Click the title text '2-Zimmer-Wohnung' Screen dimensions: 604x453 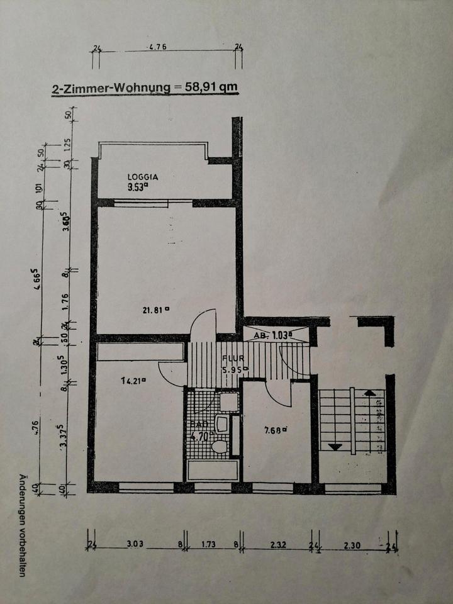[110, 89]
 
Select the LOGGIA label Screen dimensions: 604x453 [142, 177]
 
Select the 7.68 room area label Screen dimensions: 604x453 [276, 430]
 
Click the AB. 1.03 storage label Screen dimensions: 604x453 [274, 335]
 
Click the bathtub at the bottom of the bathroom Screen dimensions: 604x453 [213, 470]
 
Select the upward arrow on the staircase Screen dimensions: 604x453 [371, 394]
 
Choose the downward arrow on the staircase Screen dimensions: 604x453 [335, 447]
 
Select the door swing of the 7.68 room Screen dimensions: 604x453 [277, 393]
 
